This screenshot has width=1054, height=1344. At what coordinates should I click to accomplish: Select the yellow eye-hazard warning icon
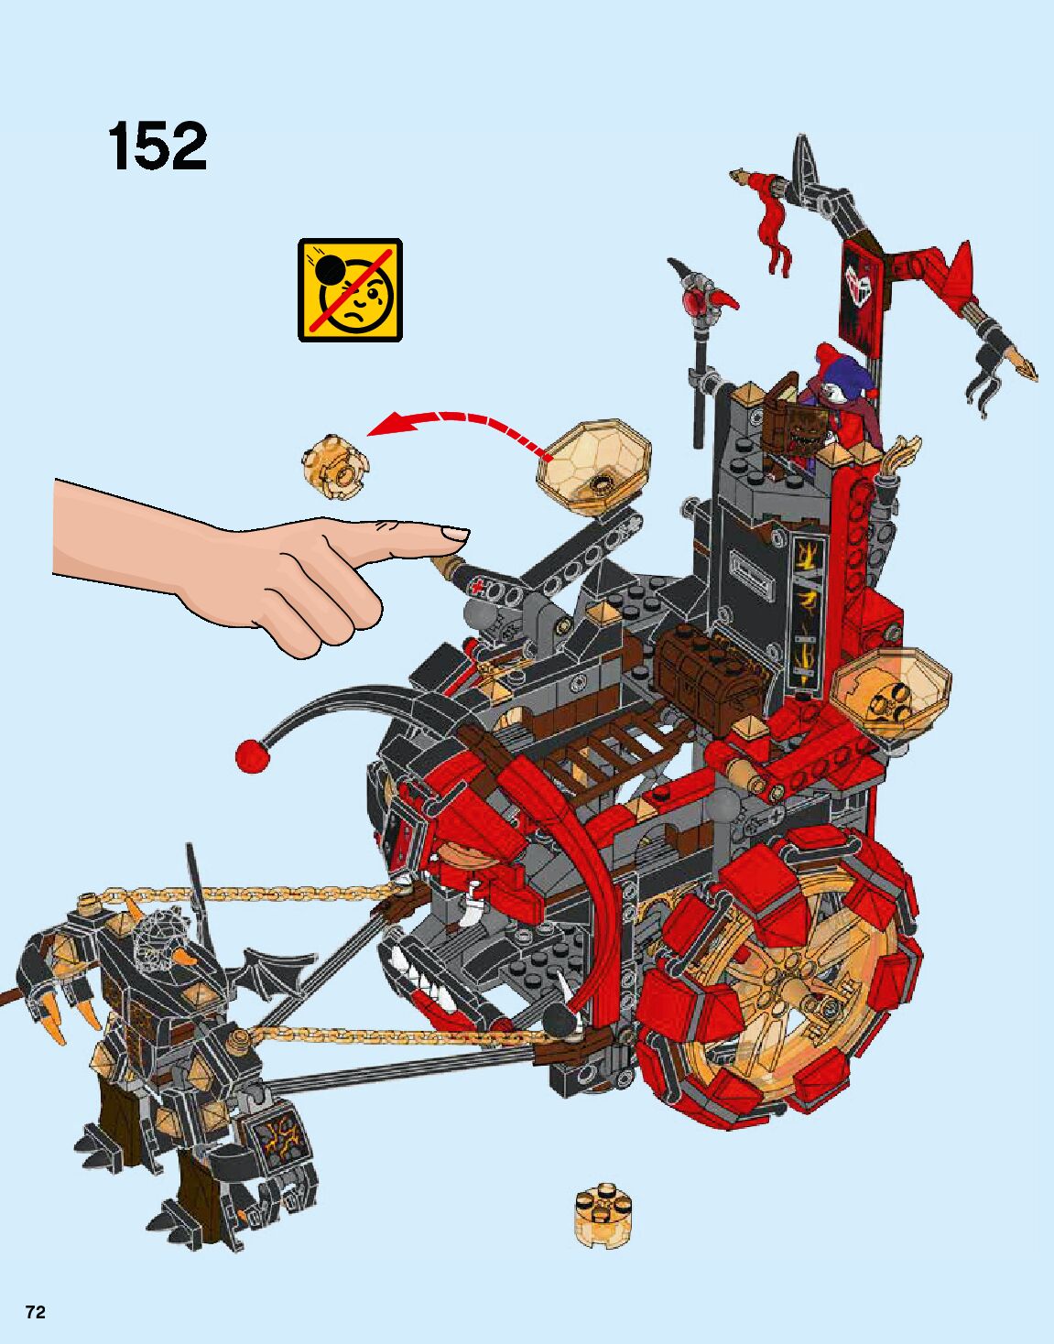tap(350, 289)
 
